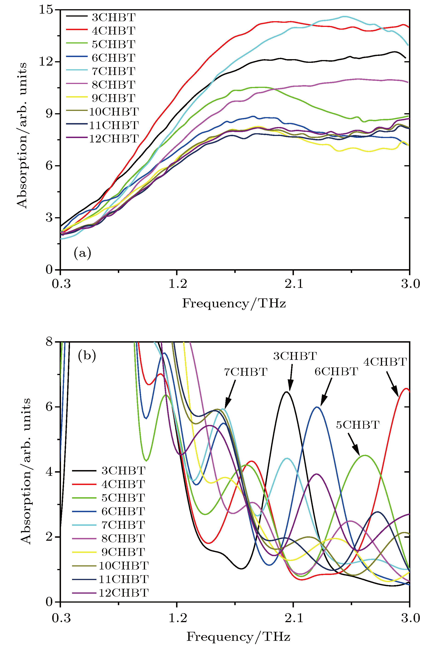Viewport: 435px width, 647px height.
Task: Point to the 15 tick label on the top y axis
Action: [46, 10]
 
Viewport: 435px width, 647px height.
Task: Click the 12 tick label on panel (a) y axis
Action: [46, 62]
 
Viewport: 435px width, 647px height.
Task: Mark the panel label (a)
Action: [82, 253]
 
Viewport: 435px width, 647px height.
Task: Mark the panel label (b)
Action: [87, 355]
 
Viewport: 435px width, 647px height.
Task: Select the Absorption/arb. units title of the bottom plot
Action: [26, 471]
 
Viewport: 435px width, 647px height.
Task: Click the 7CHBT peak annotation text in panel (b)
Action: [246, 372]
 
